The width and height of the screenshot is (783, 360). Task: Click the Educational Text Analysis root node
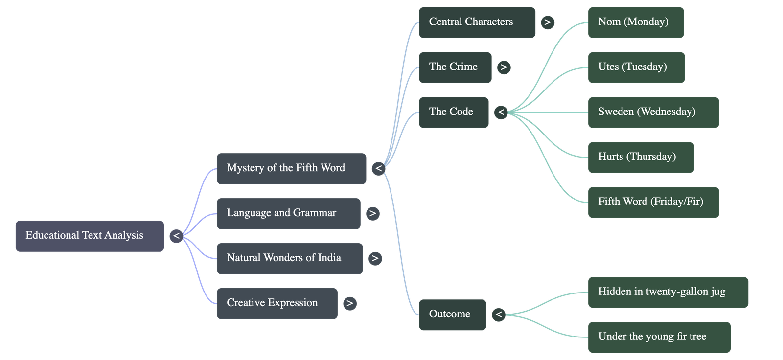[90, 236]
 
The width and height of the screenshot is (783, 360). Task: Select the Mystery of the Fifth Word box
[291, 168]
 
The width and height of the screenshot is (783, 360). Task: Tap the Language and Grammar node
[288, 213]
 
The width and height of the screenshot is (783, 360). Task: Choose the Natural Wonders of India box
[290, 258]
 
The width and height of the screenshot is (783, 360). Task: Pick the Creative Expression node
[277, 303]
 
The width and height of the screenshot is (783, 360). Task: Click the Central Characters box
[477, 22]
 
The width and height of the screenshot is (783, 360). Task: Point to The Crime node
[455, 67]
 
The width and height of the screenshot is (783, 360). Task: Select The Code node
[453, 112]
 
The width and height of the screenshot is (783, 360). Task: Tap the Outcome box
[452, 314]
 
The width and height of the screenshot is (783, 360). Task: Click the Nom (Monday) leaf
[635, 22]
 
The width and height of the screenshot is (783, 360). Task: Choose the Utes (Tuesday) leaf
[636, 67]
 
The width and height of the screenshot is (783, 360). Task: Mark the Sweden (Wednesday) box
[653, 112]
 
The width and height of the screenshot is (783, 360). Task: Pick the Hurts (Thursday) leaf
[641, 157]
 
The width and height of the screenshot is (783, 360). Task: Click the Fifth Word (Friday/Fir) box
[653, 202]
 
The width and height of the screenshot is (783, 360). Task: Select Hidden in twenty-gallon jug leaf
[668, 292]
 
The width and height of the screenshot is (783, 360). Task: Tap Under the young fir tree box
[659, 337]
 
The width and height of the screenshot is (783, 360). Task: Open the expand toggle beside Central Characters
[548, 22]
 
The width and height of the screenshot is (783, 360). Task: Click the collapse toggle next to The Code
[501, 112]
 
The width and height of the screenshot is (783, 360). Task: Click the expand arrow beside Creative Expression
[349, 303]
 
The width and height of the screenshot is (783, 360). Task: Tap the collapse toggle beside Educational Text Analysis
[176, 236]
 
